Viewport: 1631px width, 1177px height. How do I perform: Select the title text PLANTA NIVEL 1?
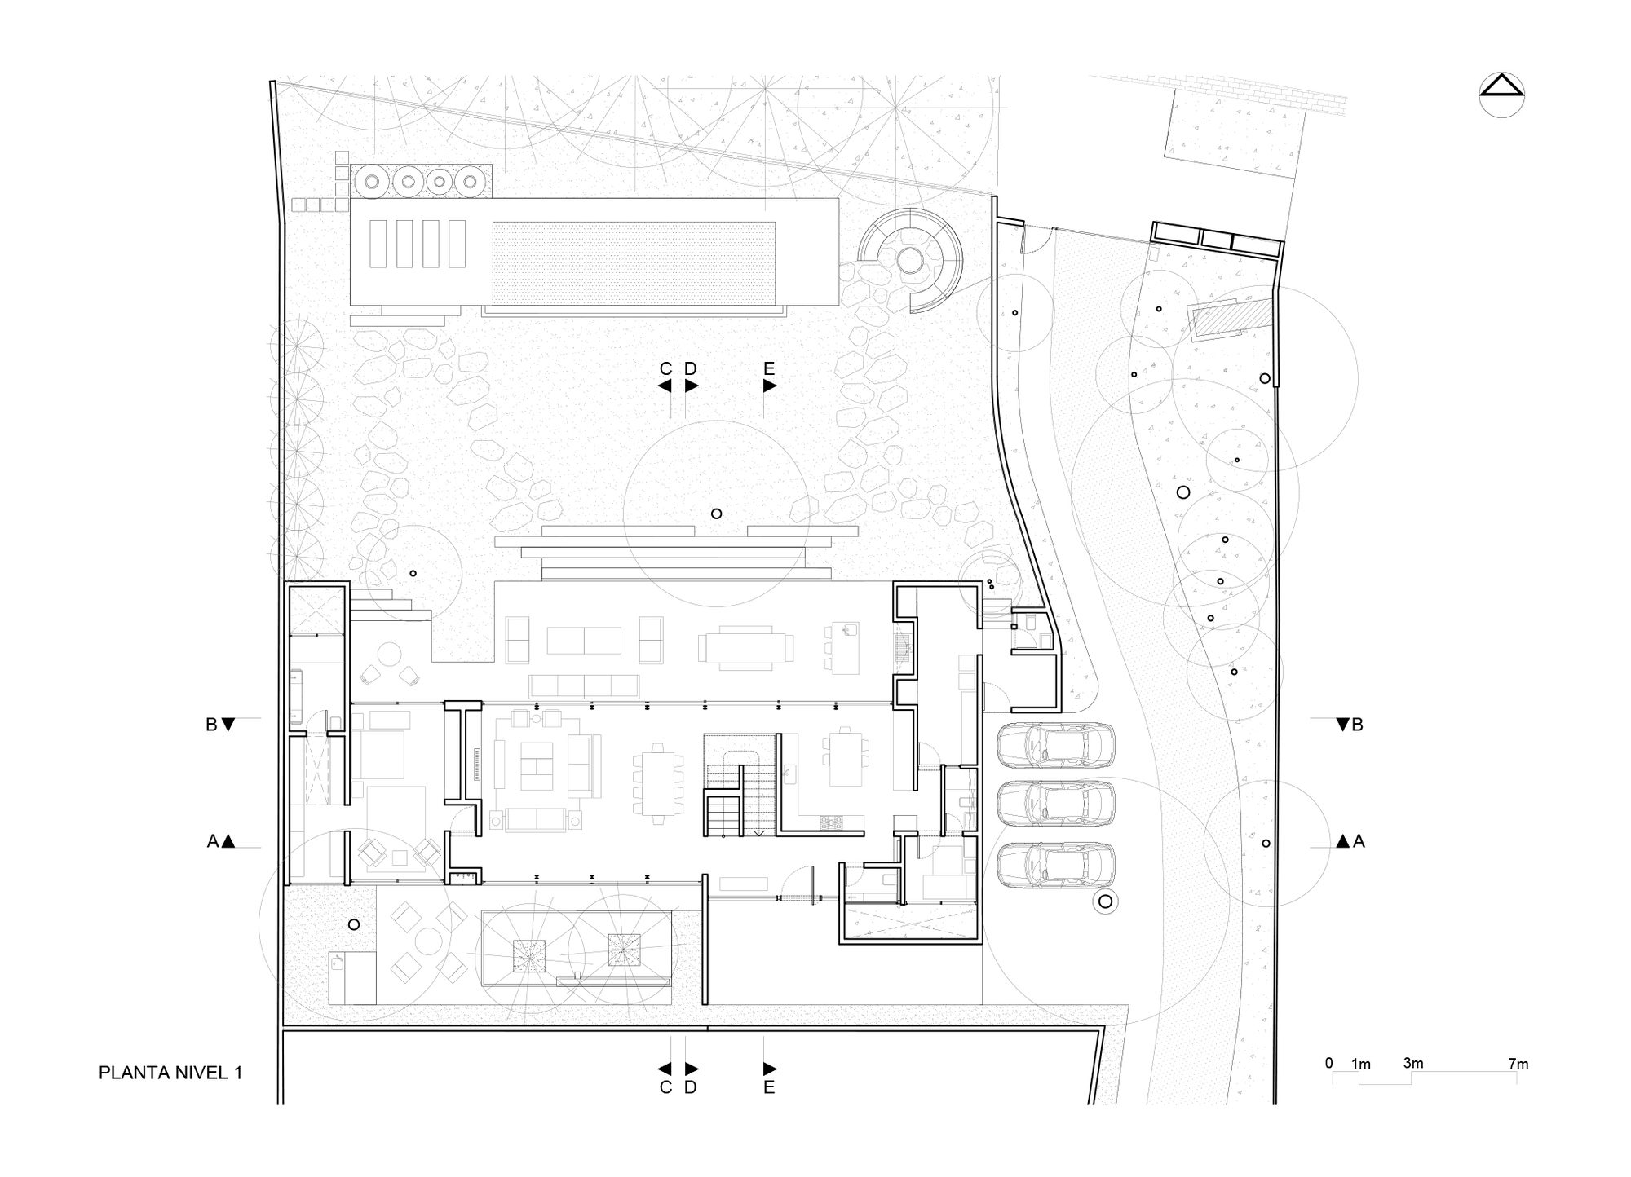170,1073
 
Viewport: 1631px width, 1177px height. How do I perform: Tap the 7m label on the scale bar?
1518,1064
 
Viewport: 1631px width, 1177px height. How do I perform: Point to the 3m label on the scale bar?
1413,1064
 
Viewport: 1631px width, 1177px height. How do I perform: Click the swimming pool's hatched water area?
633,262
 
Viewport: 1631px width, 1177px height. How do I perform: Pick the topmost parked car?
1055,744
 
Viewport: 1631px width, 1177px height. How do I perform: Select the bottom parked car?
1055,866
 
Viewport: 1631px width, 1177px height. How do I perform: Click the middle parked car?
1055,805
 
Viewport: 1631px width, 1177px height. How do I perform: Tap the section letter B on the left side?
211,725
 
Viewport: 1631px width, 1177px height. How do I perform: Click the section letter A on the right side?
1359,841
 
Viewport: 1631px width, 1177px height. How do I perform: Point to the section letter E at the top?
768,369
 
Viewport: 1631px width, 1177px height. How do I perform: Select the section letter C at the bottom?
665,1087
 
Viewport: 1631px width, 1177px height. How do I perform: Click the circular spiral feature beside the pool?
909,261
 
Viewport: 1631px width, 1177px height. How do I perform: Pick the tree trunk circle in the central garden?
716,514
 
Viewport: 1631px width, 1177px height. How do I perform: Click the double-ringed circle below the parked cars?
1106,901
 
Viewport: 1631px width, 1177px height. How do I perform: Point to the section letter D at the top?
691,369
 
